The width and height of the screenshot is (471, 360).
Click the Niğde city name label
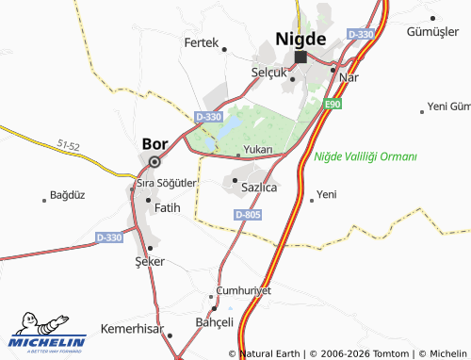pos(300,39)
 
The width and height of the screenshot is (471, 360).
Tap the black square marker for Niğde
pos(300,57)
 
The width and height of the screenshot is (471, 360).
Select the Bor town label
pos(154,144)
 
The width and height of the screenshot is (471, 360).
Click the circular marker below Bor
pos(154,160)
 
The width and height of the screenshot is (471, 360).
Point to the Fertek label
pos(201,43)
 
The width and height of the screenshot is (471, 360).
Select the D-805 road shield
pos(247,215)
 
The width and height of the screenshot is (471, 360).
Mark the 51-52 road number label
pos(68,146)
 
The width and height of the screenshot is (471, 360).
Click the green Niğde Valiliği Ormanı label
pos(365,155)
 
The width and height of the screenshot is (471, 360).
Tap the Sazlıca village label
pos(258,188)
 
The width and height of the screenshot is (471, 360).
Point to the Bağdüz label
pos(67,196)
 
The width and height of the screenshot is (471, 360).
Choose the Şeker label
pos(150,261)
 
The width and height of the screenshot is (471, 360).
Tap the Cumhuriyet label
pos(243,290)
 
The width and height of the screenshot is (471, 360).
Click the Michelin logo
pos(47,332)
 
